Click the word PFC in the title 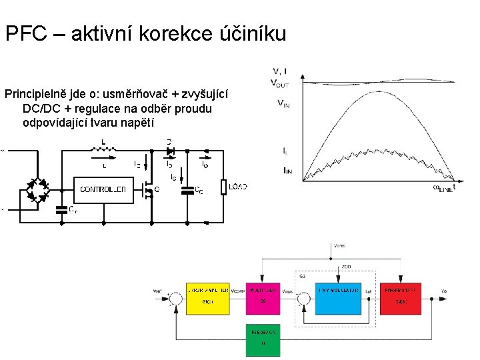26,33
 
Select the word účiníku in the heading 253,33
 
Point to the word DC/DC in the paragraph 41,108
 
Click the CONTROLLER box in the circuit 103,189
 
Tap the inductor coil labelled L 103,148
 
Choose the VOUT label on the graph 280,83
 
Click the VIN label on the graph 283,103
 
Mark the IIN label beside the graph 287,172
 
